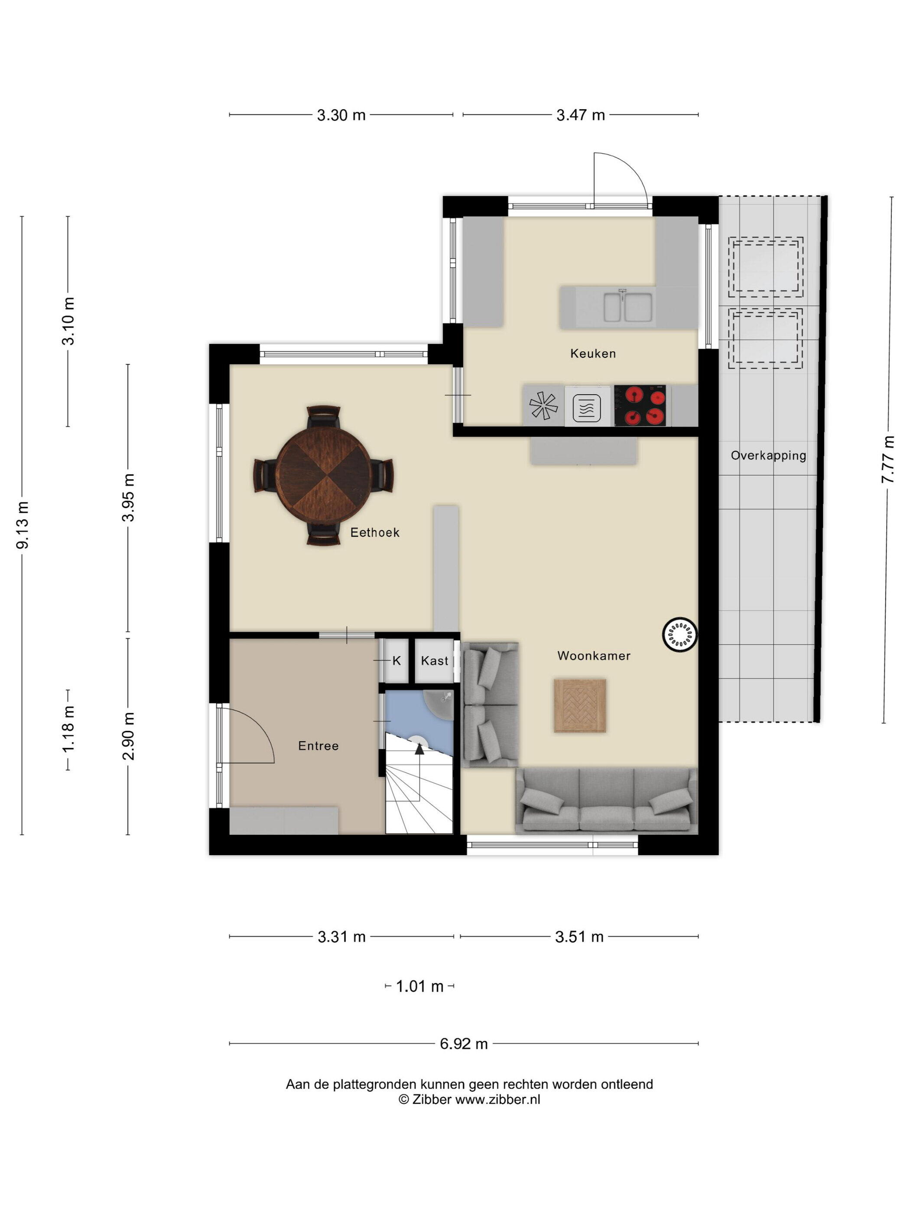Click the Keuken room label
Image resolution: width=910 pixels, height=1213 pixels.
pyautogui.click(x=592, y=354)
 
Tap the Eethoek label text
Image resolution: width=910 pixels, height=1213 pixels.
pyautogui.click(x=375, y=532)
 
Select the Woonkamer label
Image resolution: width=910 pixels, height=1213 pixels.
pyautogui.click(x=594, y=656)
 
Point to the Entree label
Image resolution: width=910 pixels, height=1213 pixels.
pyautogui.click(x=318, y=746)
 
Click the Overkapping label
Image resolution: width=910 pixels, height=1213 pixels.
pyautogui.click(x=768, y=456)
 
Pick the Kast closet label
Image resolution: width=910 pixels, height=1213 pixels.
pyautogui.click(x=435, y=661)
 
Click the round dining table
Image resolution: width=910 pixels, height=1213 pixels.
pyautogui.click(x=323, y=475)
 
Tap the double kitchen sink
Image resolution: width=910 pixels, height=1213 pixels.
pyautogui.click(x=627, y=307)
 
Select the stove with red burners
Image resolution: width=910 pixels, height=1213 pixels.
pyautogui.click(x=640, y=406)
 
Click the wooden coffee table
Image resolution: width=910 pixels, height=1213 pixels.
pyautogui.click(x=580, y=705)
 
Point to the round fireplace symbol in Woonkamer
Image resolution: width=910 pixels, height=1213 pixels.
pyautogui.click(x=679, y=635)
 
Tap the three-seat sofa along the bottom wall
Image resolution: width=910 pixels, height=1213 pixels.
pyautogui.click(x=606, y=801)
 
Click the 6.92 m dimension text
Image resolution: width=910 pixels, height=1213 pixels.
pyautogui.click(x=464, y=1044)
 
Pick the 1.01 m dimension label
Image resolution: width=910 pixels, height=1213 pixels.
pyautogui.click(x=419, y=986)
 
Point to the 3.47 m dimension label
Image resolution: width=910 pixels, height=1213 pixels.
pyautogui.click(x=580, y=115)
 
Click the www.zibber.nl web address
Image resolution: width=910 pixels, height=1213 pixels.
pyautogui.click(x=497, y=1099)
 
